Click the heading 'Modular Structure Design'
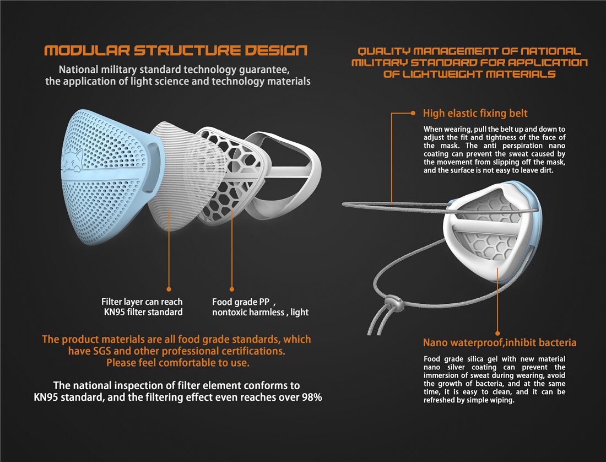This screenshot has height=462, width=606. click(x=176, y=50)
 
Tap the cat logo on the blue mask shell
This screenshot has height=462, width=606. click(x=73, y=161)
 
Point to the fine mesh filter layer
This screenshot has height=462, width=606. click(x=186, y=176)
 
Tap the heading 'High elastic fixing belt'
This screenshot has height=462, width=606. click(x=475, y=113)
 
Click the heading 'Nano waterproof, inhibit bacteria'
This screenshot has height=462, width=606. click(x=499, y=342)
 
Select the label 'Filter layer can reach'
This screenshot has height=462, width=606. click(x=142, y=302)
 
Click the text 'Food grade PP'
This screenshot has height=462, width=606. click(x=240, y=302)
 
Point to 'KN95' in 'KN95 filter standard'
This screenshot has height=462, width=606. click(x=115, y=312)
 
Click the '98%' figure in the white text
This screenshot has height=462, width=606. click(x=312, y=397)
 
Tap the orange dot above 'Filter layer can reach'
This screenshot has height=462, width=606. click(x=169, y=289)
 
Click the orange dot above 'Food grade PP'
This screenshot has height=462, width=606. click(x=232, y=289)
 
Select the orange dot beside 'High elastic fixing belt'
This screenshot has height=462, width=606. click(x=413, y=113)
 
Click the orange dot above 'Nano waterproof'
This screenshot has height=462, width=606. click(x=498, y=333)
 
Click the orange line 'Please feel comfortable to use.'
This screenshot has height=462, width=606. click(x=178, y=363)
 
